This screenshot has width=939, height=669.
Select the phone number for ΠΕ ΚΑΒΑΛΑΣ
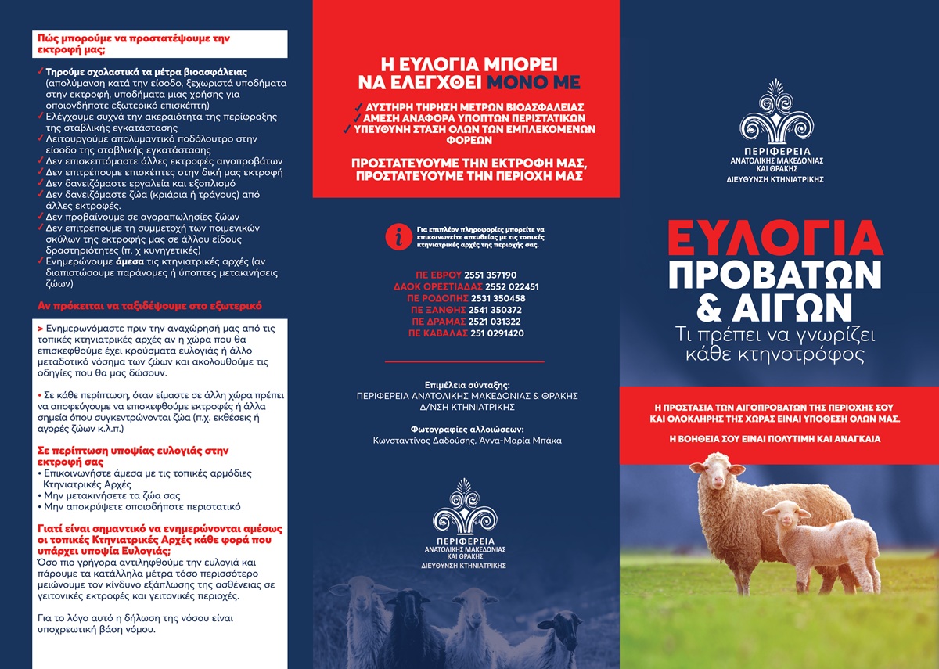[497, 333]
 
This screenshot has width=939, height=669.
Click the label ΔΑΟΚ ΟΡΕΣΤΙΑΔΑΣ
[430, 287]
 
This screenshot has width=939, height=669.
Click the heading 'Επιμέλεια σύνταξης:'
[467, 385]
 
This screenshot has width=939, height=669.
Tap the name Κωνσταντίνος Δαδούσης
[420, 441]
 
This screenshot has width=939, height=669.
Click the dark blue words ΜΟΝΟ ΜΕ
[534, 82]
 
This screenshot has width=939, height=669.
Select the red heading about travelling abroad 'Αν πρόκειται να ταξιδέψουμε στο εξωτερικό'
[150, 305]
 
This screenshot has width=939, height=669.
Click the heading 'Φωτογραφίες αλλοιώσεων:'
[467, 429]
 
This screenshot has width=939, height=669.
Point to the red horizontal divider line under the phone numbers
[466, 361]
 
